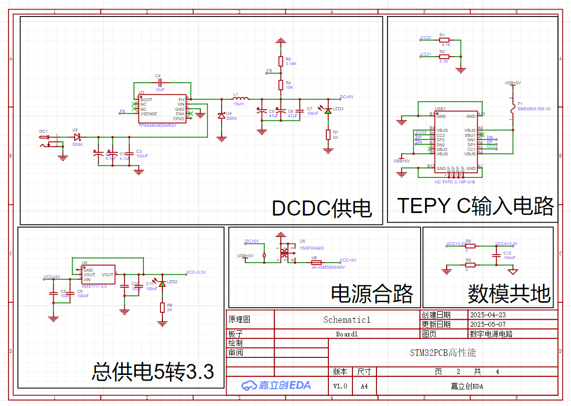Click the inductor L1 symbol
[241, 98]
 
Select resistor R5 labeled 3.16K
[281, 61]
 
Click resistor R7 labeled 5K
[328, 134]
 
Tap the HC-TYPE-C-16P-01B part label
[455, 182]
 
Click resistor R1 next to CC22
[444, 39]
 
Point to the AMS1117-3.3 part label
[94, 286]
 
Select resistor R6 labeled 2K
[162, 307]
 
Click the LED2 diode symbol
[162, 283]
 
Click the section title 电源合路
[371, 294]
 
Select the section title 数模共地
[509, 294]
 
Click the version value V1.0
[340, 386]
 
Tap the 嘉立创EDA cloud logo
[276, 385]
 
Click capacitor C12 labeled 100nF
[496, 256]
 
